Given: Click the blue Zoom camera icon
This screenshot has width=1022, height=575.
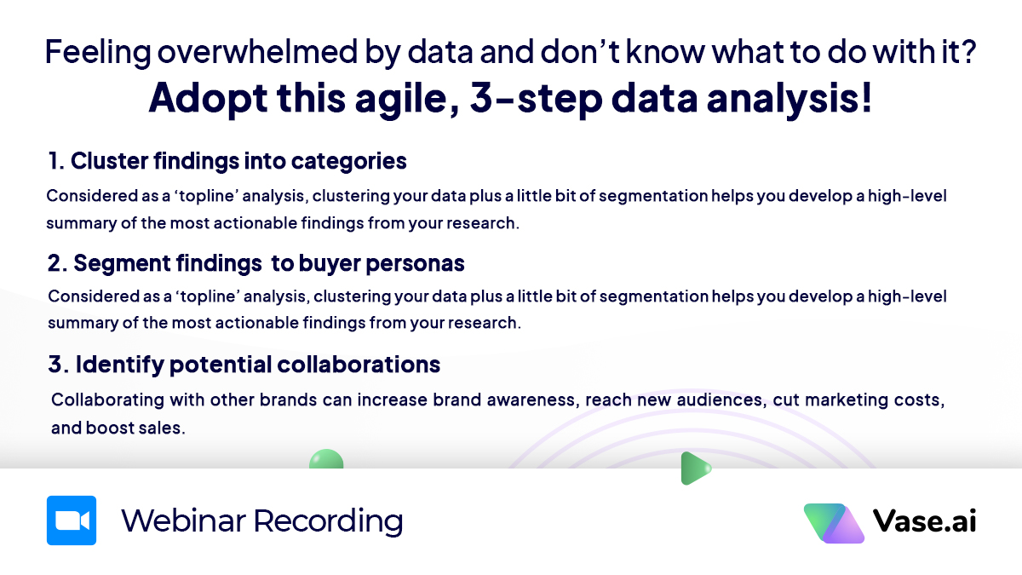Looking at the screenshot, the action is pyautogui.click(x=72, y=520).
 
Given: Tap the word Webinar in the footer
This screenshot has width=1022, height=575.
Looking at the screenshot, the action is pyautogui.click(x=183, y=520).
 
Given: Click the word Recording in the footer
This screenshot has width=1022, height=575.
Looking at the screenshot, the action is pyautogui.click(x=329, y=521).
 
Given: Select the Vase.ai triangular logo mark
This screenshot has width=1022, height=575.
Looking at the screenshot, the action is pyautogui.click(x=834, y=523).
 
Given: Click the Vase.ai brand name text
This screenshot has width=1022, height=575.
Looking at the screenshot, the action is pyautogui.click(x=924, y=520).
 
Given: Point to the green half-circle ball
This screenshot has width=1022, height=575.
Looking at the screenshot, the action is pyautogui.click(x=326, y=459).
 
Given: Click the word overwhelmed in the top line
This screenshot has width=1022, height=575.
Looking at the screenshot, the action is pyautogui.click(x=257, y=52).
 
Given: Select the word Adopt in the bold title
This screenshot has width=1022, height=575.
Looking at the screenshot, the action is pyautogui.click(x=208, y=99).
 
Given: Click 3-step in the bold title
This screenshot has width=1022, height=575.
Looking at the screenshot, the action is pyautogui.click(x=536, y=99).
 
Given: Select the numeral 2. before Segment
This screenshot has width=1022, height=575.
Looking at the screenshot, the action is pyautogui.click(x=58, y=263).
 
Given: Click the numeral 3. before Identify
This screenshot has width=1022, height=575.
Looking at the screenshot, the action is pyautogui.click(x=59, y=365).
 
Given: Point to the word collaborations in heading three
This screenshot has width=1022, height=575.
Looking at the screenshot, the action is pyautogui.click(x=359, y=365).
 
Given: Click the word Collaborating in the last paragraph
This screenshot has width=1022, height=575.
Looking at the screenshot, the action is pyautogui.click(x=107, y=400).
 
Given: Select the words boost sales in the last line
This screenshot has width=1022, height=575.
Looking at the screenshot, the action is pyautogui.click(x=135, y=428).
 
